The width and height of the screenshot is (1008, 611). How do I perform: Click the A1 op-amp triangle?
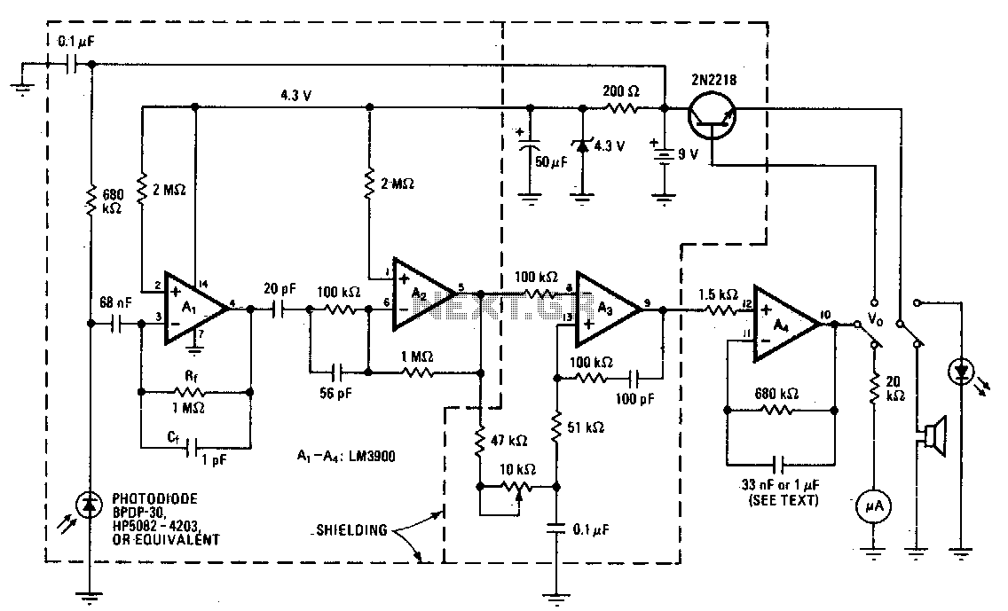(191, 308)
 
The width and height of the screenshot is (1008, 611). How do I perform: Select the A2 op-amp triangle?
(421, 290)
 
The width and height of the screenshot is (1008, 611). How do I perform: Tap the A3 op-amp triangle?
(604, 309)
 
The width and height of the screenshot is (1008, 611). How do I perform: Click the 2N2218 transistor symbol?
(713, 115)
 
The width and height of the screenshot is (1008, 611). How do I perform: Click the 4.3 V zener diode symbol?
(582, 145)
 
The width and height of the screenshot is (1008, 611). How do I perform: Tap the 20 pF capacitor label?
(280, 288)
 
